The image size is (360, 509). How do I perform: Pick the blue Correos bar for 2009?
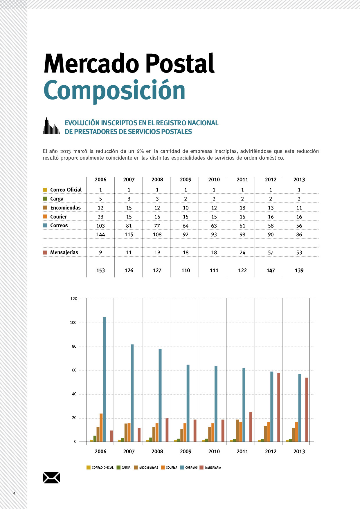188,403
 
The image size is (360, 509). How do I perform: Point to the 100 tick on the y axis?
73,322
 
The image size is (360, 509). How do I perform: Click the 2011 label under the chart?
242,451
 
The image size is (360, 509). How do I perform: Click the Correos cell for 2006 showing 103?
100,225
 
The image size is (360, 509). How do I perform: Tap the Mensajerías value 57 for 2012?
271,252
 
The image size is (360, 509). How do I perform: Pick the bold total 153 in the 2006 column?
100,270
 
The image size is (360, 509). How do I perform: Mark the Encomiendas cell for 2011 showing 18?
242,208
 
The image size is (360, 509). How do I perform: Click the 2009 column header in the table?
186,180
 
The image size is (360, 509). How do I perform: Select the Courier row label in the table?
58,217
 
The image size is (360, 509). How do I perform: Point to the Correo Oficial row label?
66,190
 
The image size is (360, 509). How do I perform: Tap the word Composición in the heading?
114,91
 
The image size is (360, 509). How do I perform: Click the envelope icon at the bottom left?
51,477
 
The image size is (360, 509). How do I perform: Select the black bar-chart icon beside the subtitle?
51,126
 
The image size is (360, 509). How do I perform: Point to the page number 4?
15,493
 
